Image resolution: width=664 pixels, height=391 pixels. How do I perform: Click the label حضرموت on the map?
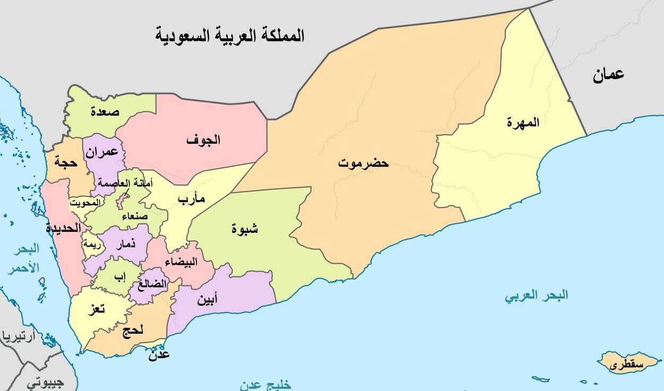(x=364, y=163)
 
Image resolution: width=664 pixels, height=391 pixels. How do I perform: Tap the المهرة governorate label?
(x=523, y=122)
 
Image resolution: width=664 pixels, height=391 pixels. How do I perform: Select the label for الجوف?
(x=203, y=140)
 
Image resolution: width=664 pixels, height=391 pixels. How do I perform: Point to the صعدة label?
(x=105, y=111)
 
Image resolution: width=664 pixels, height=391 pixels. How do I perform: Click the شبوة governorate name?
(x=245, y=229)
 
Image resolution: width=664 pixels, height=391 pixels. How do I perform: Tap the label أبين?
(x=206, y=300)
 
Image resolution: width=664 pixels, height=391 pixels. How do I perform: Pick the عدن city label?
(x=159, y=354)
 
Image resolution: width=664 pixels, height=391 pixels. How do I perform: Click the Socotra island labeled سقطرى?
(x=626, y=364)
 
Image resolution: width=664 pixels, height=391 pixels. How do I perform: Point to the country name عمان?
(x=608, y=74)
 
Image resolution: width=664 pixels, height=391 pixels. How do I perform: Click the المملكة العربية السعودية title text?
(x=230, y=36)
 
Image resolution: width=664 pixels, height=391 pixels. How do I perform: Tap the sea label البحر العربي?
(x=536, y=296)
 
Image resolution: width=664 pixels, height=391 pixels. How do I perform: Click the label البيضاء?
(x=182, y=262)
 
